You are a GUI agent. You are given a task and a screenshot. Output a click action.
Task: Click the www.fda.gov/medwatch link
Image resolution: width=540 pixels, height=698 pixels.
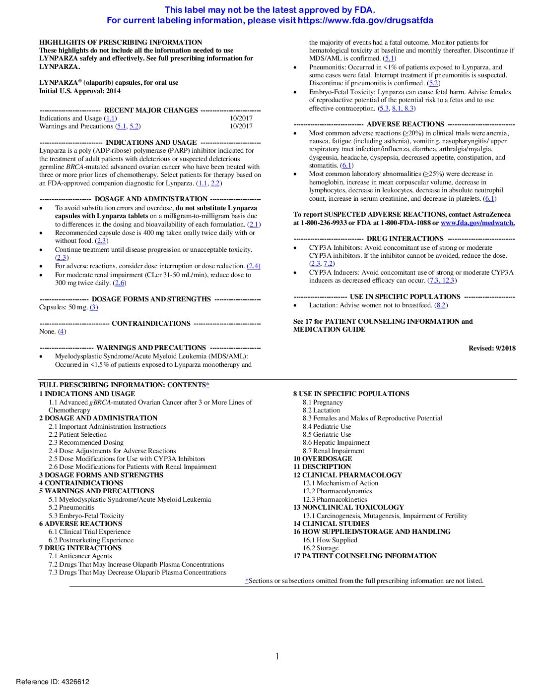coord(477,223)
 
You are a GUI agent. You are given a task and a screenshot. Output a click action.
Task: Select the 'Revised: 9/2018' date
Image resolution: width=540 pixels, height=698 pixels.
coord(492,348)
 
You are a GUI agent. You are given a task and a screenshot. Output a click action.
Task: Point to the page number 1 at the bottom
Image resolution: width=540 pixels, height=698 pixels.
coord(277,656)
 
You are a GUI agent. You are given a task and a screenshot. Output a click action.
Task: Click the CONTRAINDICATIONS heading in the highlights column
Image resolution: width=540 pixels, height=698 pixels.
coord(151,323)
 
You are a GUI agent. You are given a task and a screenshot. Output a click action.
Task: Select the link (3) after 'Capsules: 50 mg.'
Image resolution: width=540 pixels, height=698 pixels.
coord(94,307)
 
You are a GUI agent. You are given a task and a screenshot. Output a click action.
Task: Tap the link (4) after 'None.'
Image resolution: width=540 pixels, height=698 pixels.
coord(62,332)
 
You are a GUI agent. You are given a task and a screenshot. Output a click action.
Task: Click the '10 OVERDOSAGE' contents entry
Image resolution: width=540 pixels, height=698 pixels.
coord(323,459)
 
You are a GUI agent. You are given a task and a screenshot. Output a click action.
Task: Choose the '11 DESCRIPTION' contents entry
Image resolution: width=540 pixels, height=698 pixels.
coord(322,466)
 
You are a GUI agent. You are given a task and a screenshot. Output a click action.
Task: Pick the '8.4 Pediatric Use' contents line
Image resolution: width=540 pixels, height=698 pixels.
coord(327,426)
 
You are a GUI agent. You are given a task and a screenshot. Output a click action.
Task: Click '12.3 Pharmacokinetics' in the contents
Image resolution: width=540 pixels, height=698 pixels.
coord(335,499)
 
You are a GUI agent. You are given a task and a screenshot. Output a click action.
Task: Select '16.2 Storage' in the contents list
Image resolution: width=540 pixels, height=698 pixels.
coord(321,548)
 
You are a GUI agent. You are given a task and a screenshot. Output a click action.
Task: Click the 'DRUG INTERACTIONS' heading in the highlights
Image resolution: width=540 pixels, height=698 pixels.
coord(405,239)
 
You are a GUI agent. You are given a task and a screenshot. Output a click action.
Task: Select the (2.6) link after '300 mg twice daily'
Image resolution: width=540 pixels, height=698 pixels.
coord(120,283)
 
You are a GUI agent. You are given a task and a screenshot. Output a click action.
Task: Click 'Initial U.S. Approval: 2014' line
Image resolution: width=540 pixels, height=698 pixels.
coord(80,91)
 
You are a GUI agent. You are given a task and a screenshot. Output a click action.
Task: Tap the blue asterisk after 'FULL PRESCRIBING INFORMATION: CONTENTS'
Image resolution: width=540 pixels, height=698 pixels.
coord(207,385)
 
